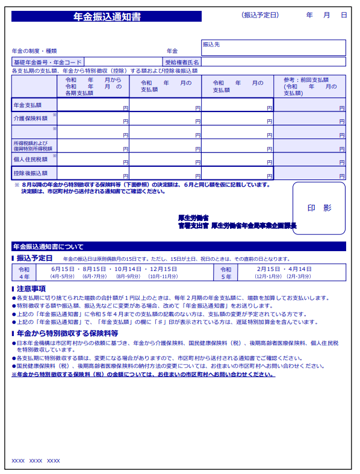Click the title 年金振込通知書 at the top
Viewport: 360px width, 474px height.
(x=106, y=17)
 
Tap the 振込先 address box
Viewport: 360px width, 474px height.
(x=273, y=48)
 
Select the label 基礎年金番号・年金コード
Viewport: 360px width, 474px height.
(x=48, y=62)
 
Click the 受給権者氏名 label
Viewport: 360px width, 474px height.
(x=182, y=62)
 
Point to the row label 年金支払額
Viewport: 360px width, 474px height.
(x=28, y=105)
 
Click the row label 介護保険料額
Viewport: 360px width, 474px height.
(x=30, y=119)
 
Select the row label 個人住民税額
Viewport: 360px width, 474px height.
(x=30, y=160)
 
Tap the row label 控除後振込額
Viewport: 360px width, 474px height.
(x=30, y=173)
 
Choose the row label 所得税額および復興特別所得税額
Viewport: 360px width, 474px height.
(x=33, y=146)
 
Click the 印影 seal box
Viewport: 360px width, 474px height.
(x=319, y=208)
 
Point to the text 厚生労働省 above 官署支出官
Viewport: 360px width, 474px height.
(x=193, y=217)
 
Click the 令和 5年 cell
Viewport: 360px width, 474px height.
(x=226, y=273)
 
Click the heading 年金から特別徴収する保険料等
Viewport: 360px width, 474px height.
(x=67, y=333)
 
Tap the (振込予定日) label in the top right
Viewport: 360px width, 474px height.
(x=260, y=14)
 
